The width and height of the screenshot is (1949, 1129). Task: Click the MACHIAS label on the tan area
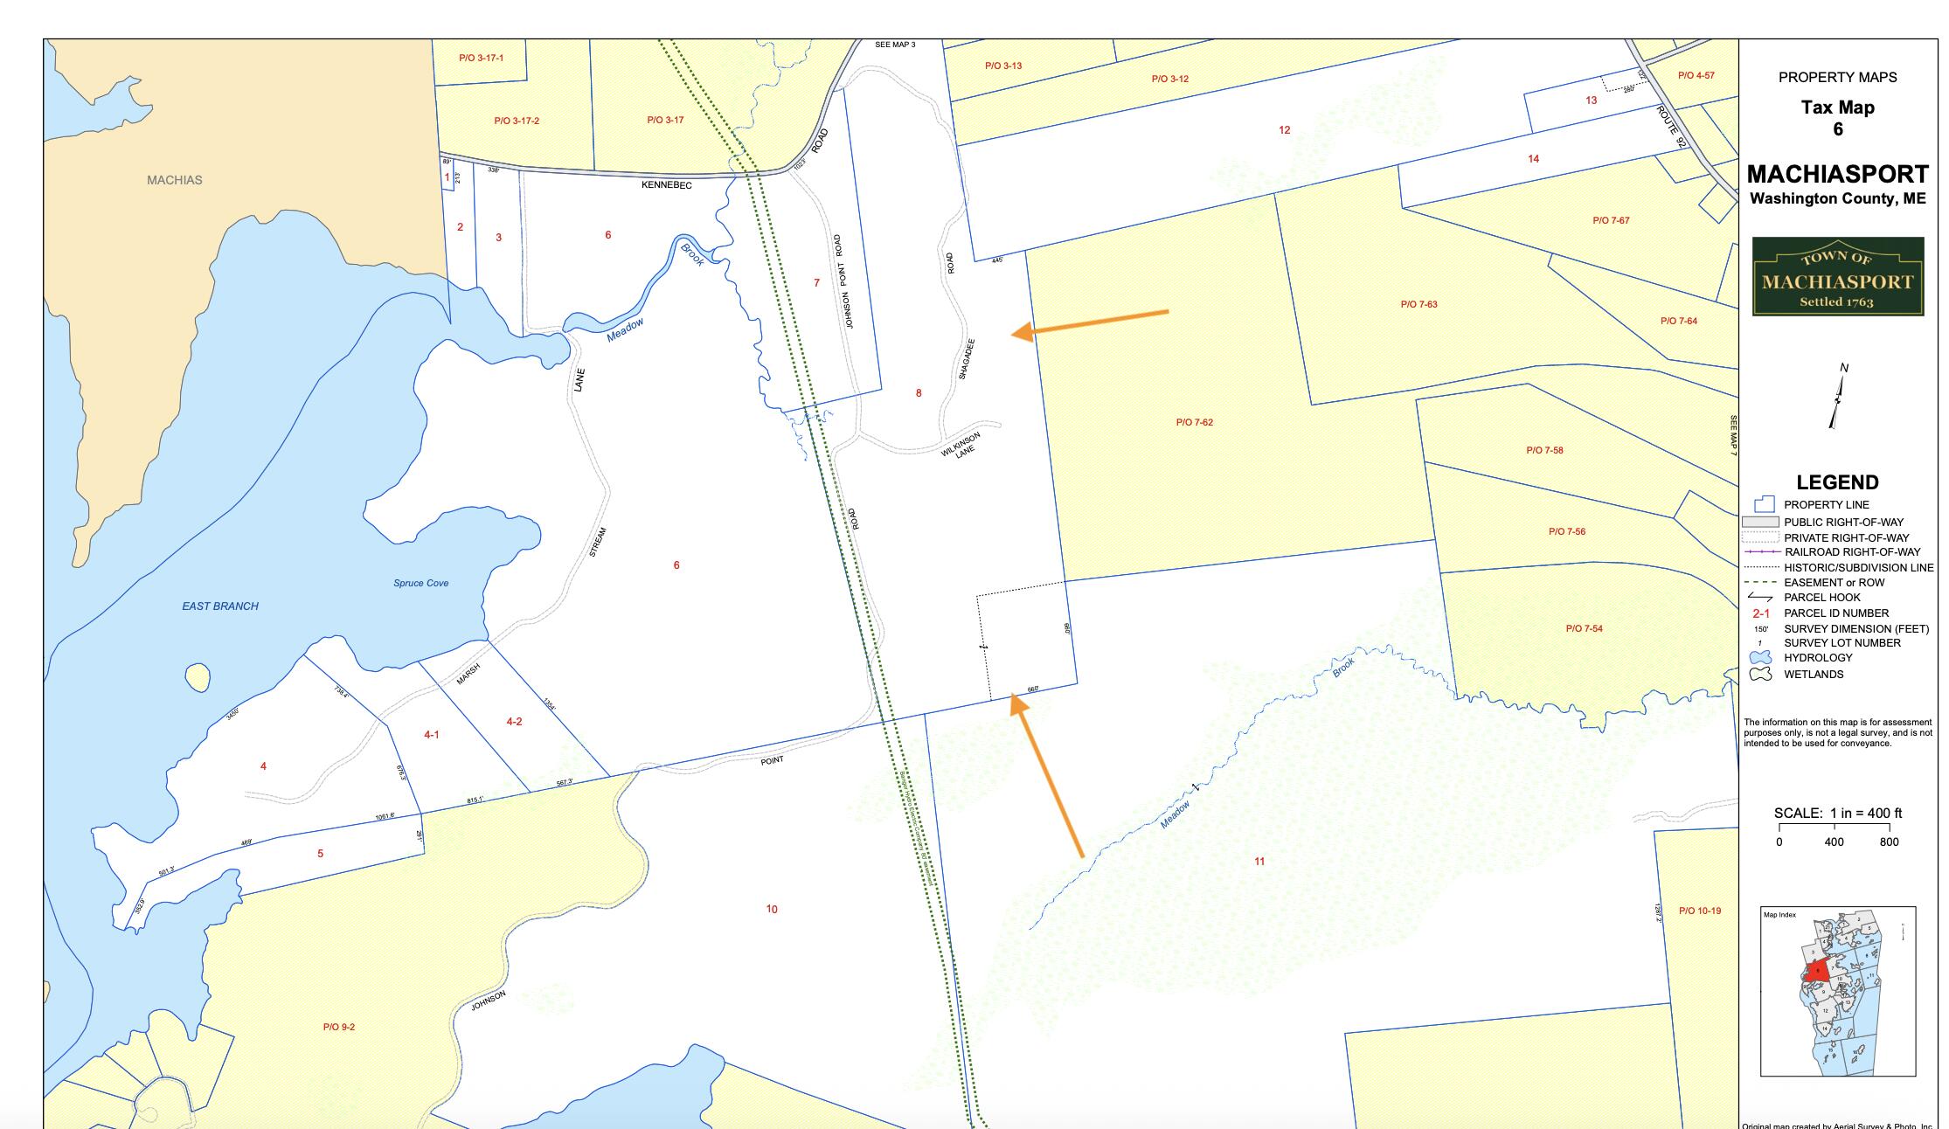[x=175, y=180]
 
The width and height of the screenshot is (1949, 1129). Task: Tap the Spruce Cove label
[x=420, y=583]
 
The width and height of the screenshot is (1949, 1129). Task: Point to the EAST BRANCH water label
[x=220, y=606]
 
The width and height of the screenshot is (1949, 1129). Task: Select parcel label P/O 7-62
[x=1194, y=422]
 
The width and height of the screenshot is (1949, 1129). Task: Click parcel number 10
[x=772, y=909]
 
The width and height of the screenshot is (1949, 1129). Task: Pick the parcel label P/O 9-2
[x=339, y=1027]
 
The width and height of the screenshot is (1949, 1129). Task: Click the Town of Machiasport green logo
[x=1837, y=276]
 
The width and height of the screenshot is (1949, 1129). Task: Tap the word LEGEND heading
[x=1837, y=482]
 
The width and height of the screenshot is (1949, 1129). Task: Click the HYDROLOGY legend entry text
[x=1818, y=658]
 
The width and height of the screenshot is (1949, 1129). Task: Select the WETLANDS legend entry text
[x=1814, y=675]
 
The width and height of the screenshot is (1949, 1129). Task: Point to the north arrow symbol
[x=1838, y=398]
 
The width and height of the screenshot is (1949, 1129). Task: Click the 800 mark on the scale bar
[x=1889, y=842]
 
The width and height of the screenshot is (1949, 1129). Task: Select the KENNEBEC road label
[x=667, y=185]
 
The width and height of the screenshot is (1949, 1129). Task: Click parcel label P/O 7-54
[x=1584, y=628]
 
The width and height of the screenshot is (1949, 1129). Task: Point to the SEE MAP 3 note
[x=895, y=45]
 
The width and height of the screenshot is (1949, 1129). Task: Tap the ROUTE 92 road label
[x=1670, y=127]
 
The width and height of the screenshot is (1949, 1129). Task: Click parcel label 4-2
[x=514, y=722]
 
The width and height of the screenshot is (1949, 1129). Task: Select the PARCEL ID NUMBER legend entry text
[x=1836, y=613]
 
